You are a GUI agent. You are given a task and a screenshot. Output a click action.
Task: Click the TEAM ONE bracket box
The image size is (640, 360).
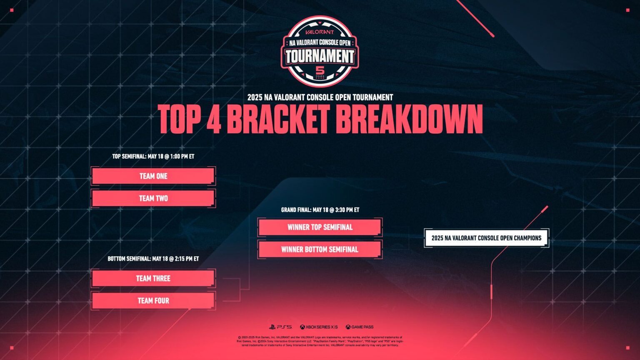point(153,176)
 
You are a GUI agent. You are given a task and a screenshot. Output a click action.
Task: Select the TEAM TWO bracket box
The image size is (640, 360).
point(153,198)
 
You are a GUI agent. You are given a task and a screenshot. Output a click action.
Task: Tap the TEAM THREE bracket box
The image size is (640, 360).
point(153,278)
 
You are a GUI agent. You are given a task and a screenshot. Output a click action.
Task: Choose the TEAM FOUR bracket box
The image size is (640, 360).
point(153,300)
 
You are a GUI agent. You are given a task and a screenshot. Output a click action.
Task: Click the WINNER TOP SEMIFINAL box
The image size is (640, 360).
point(320,227)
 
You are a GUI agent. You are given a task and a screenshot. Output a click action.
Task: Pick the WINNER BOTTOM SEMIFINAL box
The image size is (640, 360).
point(320,250)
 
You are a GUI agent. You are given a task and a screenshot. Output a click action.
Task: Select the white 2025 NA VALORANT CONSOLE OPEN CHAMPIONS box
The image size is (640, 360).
point(486,238)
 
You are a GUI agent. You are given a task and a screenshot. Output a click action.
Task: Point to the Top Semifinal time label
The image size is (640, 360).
point(153,157)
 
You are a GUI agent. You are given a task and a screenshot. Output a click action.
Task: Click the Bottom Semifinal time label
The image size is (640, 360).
point(153,259)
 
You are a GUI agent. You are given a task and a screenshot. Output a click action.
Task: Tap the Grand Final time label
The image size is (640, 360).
point(320,210)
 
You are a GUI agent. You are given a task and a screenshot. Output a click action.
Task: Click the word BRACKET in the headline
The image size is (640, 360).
point(278,119)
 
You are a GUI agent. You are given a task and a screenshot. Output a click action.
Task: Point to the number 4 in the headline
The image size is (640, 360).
point(213,119)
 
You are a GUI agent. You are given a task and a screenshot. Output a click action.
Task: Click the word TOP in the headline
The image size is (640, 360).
point(179,119)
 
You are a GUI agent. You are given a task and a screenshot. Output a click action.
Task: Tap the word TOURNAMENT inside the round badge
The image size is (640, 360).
point(320,56)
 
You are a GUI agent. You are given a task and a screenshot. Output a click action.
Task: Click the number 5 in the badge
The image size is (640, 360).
point(320,70)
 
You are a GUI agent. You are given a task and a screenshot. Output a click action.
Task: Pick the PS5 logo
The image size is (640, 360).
point(280,327)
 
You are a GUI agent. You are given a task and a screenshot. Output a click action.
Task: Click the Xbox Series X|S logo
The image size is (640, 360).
point(319,327)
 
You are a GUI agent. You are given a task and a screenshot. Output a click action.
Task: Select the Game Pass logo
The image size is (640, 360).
point(359,327)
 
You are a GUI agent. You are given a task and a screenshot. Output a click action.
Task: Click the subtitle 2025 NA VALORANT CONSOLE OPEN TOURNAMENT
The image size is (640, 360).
point(320,97)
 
